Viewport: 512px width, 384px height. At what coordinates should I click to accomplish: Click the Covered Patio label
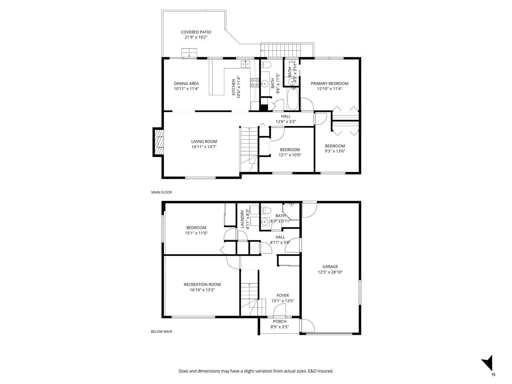[196, 32]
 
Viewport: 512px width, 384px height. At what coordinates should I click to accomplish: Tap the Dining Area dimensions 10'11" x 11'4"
[186, 89]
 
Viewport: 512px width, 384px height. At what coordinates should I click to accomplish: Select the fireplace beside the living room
[158, 142]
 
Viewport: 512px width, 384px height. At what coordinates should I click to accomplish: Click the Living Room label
[204, 142]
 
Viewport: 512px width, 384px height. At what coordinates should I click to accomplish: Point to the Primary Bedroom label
[329, 84]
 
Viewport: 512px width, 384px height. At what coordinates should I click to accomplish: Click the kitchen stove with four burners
[255, 83]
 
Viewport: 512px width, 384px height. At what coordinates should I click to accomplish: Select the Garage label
[330, 267]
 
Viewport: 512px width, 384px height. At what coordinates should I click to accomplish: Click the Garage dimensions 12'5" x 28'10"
[330, 272]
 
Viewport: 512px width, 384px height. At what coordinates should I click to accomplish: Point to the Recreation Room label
[202, 284]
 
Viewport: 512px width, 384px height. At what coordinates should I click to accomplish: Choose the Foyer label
[283, 295]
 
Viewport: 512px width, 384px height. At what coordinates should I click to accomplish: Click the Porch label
[280, 322]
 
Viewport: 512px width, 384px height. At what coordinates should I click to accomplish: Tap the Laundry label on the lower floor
[242, 219]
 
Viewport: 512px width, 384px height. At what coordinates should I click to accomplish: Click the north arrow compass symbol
[488, 364]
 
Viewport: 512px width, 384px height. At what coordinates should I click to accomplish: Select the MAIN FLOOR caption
[161, 193]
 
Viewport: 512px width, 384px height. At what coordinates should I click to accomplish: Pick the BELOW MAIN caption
[161, 331]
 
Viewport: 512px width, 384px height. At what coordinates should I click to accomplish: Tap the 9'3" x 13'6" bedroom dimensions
[335, 151]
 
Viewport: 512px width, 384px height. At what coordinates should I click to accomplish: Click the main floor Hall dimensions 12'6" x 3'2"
[286, 122]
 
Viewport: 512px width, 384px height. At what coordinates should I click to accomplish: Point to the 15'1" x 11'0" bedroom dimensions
[196, 233]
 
